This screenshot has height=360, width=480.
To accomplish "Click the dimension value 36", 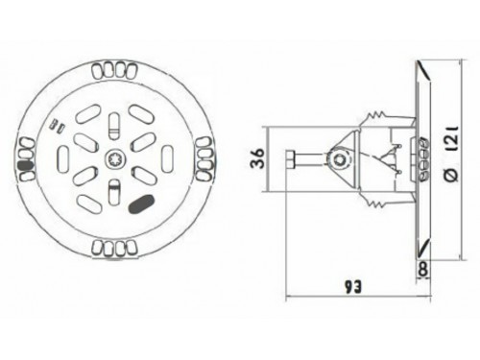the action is (x=258, y=158).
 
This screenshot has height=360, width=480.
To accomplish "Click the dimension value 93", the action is (x=352, y=287).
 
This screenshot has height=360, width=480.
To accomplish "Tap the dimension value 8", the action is (x=422, y=270).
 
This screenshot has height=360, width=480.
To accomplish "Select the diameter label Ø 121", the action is (x=453, y=155).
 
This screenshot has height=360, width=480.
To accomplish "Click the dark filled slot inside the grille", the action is (x=141, y=204).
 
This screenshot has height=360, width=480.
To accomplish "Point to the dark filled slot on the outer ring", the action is (x=26, y=165).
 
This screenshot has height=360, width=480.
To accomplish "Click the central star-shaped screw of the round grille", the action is (x=114, y=158).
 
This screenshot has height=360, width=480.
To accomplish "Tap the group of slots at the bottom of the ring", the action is (x=114, y=249).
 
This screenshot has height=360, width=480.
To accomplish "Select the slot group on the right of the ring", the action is (x=204, y=158).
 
